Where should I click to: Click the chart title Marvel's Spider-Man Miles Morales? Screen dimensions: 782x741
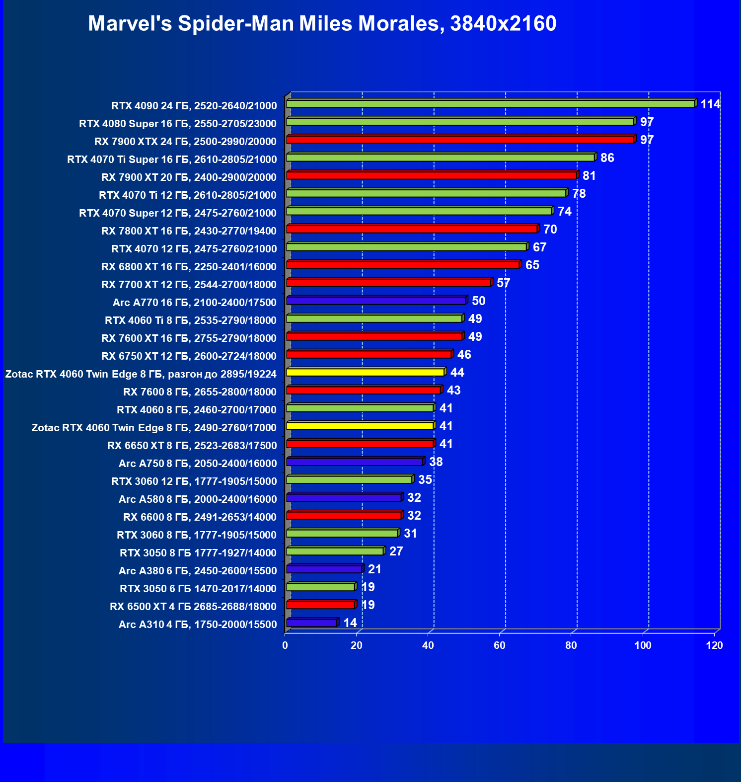click(322, 23)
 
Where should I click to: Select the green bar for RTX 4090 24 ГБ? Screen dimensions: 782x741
click(490, 104)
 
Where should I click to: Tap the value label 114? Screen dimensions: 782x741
click(710, 104)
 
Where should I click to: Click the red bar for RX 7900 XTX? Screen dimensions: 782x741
click(460, 140)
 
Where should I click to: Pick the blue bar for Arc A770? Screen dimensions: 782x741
click(376, 301)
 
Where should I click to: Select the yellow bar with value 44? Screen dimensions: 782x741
click(365, 372)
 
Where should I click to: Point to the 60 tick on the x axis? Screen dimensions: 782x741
click(500, 645)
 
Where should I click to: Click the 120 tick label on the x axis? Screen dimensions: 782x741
click(715, 645)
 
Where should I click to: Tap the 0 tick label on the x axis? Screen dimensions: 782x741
click(285, 645)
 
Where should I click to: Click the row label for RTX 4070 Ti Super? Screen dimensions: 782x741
click(172, 159)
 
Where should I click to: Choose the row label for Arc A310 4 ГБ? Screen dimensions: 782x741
click(198, 625)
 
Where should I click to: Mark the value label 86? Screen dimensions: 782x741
click(607, 158)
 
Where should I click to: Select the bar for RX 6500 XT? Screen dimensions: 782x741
click(321, 605)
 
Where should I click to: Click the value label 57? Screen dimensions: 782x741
click(503, 283)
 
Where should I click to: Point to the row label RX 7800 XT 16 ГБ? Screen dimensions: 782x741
click(189, 231)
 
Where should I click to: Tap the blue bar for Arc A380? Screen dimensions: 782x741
click(324, 569)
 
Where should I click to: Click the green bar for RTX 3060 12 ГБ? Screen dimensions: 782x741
click(349, 479)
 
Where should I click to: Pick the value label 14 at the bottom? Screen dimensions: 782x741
click(350, 623)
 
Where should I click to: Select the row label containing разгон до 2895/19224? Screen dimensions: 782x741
click(141, 374)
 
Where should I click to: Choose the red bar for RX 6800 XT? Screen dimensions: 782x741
click(403, 265)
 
